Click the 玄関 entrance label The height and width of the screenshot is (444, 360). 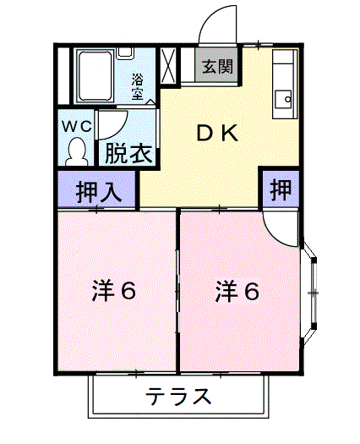click(x=218, y=67)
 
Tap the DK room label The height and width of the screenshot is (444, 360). click(x=217, y=134)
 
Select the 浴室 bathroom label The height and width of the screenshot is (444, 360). click(x=137, y=86)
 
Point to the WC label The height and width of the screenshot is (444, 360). click(x=77, y=126)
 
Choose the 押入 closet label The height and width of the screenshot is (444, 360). click(x=99, y=192)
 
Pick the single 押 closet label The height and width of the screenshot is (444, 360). click(x=281, y=189)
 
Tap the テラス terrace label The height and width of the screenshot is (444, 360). click(x=178, y=397)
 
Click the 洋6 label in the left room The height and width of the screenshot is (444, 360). click(x=113, y=291)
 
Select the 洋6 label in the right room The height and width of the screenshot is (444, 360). click(x=237, y=291)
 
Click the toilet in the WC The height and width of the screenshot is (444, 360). click(x=76, y=151)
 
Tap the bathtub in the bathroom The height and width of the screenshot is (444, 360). click(x=95, y=75)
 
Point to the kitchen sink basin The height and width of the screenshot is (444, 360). click(x=283, y=100)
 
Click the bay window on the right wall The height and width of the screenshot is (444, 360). click(x=310, y=293)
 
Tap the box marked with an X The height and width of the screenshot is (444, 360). click(x=168, y=66)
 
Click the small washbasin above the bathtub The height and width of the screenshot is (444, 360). click(x=125, y=53)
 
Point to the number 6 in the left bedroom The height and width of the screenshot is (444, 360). click(x=128, y=291)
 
